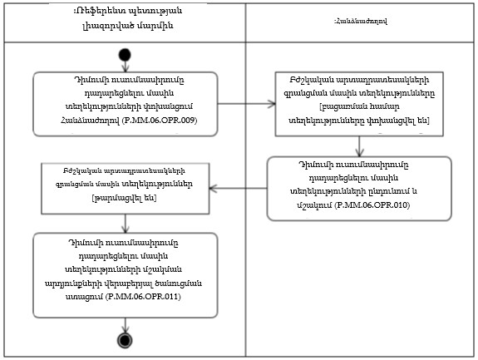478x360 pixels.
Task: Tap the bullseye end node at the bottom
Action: (x=126, y=341)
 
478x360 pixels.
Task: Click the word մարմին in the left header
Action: (x=162, y=26)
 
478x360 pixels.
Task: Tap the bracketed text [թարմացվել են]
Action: (x=125, y=199)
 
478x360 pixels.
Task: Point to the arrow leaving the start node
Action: (x=126, y=67)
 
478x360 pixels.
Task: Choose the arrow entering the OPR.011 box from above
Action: (x=126, y=220)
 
